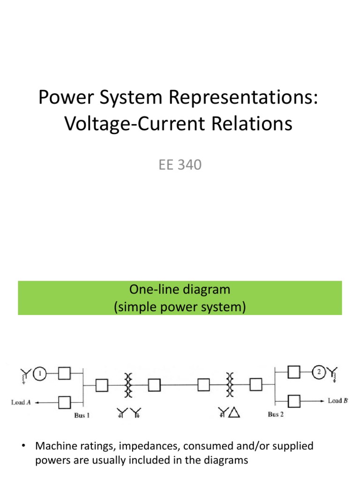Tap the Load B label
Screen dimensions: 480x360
click(x=337, y=401)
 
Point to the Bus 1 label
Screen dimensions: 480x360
click(x=82, y=416)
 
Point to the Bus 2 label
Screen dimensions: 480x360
click(x=276, y=414)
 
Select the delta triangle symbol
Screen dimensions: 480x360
click(x=234, y=412)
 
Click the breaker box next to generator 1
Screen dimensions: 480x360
click(x=64, y=373)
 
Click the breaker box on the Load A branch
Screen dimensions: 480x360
click(x=64, y=402)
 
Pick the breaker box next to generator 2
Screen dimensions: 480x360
click(x=294, y=372)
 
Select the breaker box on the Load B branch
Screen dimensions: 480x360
click(x=294, y=401)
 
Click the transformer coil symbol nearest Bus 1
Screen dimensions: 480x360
click(x=127, y=385)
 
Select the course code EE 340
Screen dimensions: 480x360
click(x=180, y=165)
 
